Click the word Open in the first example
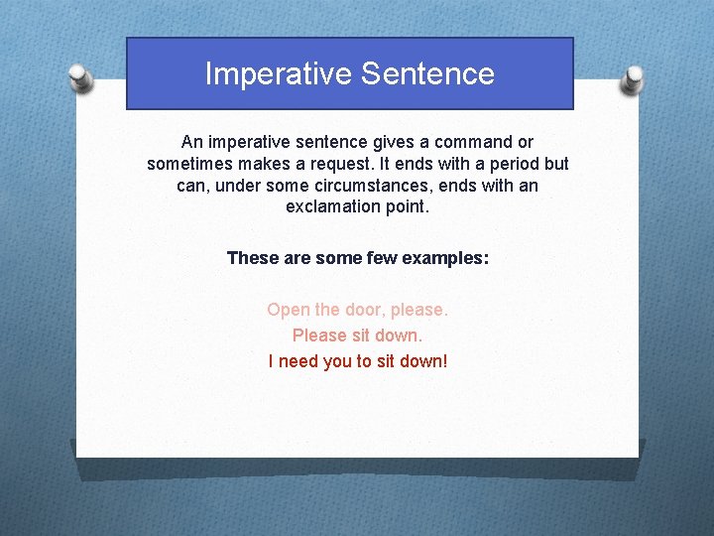289,310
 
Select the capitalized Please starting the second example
318,335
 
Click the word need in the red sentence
298,361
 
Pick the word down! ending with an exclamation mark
424,361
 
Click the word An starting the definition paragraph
191,143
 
